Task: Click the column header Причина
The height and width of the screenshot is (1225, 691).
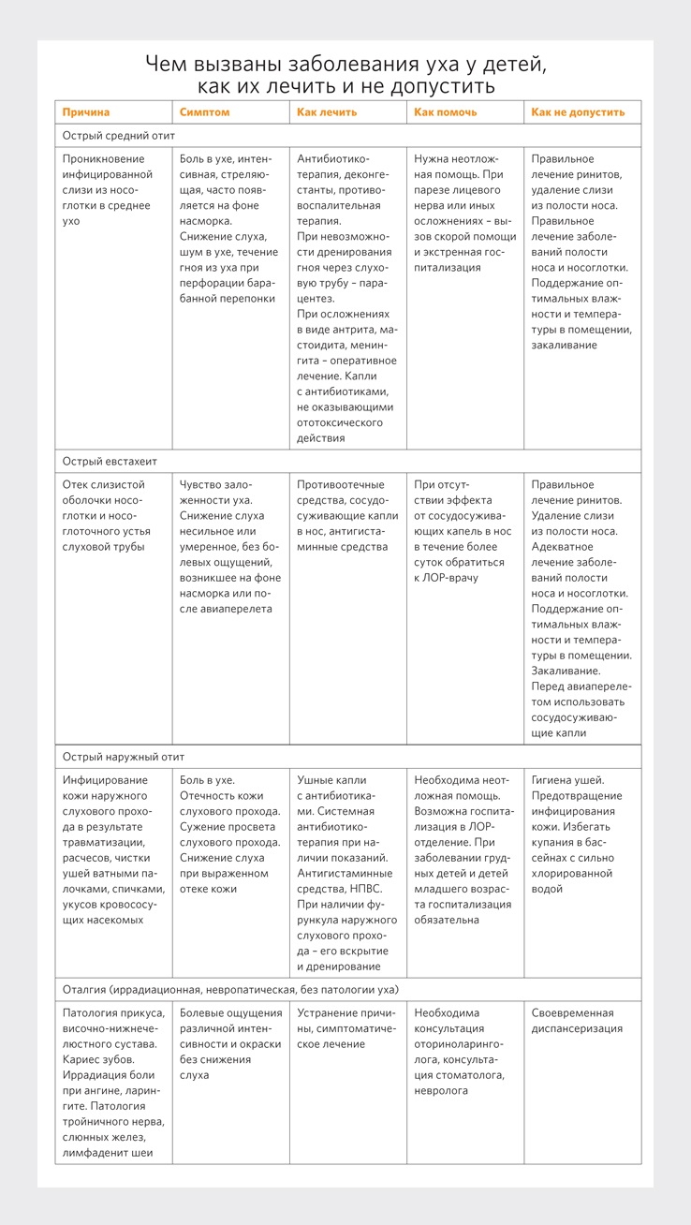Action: point(86,112)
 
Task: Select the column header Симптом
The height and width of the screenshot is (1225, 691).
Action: point(204,112)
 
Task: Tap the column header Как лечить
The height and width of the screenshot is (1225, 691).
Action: point(327,112)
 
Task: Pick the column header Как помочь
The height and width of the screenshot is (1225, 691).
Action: point(446,112)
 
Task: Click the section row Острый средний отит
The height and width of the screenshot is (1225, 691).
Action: point(119,136)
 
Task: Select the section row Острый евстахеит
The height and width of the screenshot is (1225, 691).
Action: point(110,462)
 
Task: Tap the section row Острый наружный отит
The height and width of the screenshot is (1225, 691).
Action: point(117,757)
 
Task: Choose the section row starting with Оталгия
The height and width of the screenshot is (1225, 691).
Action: point(230,990)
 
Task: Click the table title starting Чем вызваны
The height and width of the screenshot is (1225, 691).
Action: point(345,75)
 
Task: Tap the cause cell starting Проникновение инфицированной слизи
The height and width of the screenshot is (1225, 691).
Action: point(107,189)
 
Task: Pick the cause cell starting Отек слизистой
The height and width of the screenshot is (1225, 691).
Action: point(105,515)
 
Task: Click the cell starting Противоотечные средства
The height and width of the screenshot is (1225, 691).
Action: point(346,515)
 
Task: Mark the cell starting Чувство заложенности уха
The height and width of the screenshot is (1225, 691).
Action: point(229,546)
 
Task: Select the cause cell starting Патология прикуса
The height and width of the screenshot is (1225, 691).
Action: point(113,1083)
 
